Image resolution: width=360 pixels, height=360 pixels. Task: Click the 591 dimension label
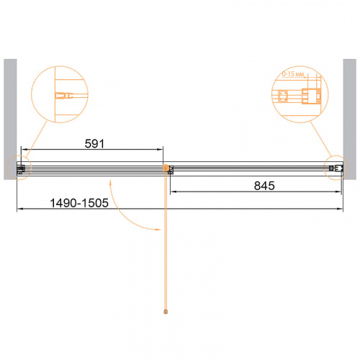(x=94, y=144)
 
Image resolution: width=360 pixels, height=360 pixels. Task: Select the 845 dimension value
(x=264, y=186)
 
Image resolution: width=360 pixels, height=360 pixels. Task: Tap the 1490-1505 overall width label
(x=79, y=203)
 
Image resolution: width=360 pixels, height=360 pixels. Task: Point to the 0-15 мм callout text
(x=293, y=74)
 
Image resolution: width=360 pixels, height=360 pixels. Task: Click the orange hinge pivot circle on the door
(x=166, y=168)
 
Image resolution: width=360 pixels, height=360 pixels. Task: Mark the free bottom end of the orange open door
(x=166, y=312)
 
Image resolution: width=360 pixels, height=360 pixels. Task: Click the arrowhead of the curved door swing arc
(x=158, y=230)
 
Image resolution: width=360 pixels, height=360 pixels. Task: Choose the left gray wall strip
(x=10, y=120)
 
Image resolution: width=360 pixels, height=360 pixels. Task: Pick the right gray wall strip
(x=350, y=120)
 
